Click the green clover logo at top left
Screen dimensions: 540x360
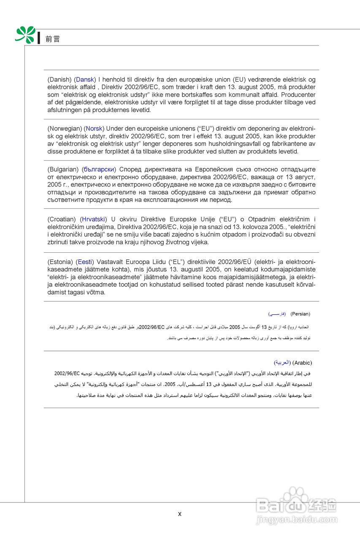tap(25, 35)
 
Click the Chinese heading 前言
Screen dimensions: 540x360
tap(53, 39)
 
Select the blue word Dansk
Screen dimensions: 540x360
tap(85, 79)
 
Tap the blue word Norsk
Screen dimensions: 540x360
tap(95, 128)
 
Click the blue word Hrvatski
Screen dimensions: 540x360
tap(93, 219)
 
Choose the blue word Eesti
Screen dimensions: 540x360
tap(85, 262)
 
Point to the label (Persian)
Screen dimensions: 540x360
tap(300, 314)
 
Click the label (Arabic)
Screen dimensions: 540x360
tap(302, 363)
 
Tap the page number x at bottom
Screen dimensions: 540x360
tap(180, 514)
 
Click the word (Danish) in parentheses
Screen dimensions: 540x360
tap(60, 79)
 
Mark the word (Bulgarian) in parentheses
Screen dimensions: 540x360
tap(63, 169)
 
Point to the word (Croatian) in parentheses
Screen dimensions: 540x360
tap(62, 219)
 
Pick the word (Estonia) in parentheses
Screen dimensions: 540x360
tap(61, 262)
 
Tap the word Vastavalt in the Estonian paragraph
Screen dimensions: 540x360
tap(110, 262)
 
